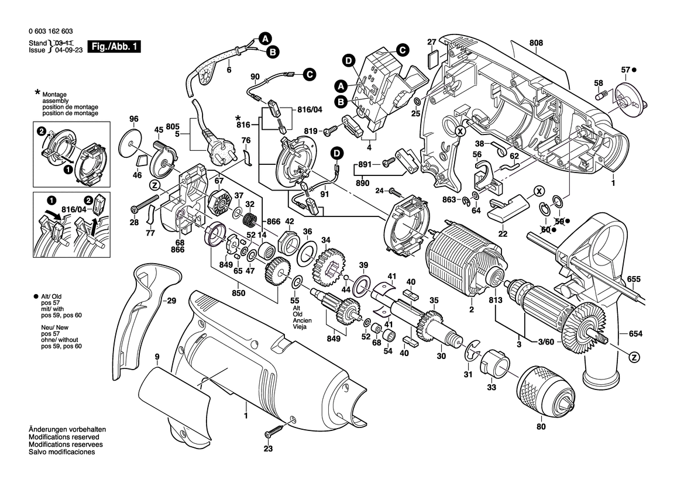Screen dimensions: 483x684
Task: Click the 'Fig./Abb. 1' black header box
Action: (114, 47)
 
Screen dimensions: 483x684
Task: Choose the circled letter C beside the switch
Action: (402, 50)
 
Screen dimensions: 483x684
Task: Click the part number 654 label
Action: (635, 334)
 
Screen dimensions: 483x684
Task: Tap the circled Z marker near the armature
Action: (633, 356)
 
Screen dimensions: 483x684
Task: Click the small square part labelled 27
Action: (432, 57)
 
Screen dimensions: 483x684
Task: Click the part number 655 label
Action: (634, 279)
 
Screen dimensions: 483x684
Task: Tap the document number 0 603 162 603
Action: (50, 32)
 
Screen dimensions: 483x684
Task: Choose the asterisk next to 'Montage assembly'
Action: (37, 93)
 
